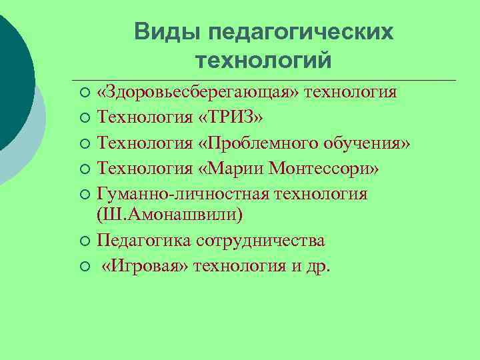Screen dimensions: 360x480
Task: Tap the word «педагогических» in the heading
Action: click(301, 32)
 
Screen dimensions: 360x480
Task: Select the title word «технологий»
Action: click(263, 61)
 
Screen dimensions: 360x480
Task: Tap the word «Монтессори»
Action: click(325, 169)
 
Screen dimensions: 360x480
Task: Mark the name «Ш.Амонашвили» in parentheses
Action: click(169, 215)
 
